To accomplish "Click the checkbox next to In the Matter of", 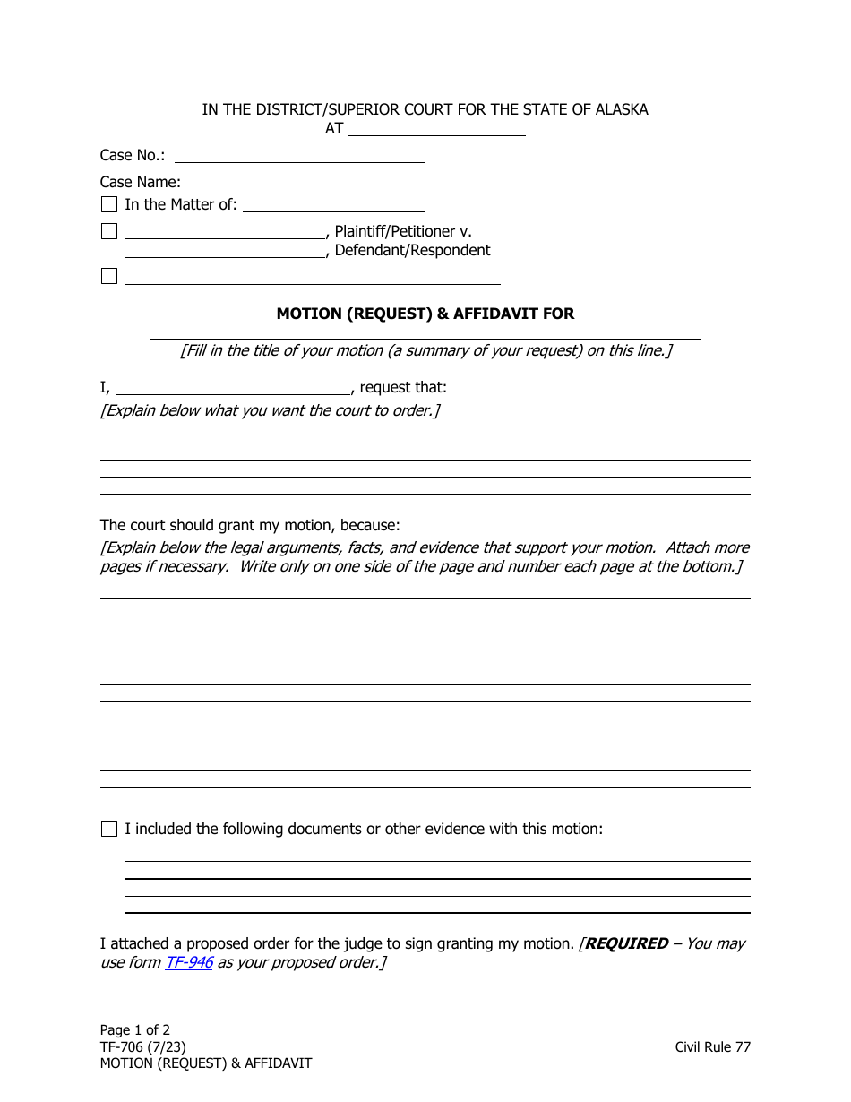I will click(109, 204).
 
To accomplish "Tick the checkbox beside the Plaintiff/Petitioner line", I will click(109, 231).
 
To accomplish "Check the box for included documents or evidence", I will click(109, 829).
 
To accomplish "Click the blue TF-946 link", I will click(188, 962).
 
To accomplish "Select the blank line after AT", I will click(436, 129).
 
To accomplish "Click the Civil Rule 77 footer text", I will click(713, 1046).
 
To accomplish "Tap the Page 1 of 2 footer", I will click(135, 1029).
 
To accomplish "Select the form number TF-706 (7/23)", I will click(143, 1046).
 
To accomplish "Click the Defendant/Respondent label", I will click(412, 251).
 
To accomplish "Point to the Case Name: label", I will click(141, 182).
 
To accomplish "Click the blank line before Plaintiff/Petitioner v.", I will click(226, 232).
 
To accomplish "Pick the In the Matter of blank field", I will click(333, 205).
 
